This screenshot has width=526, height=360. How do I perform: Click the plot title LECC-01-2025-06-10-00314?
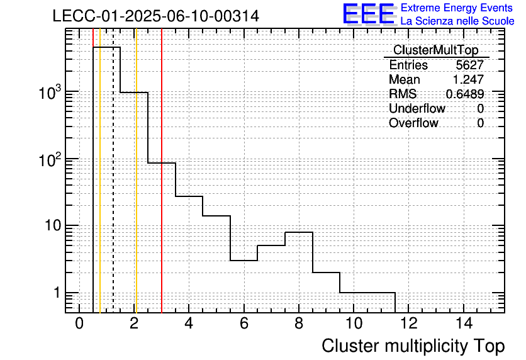[x=155, y=16]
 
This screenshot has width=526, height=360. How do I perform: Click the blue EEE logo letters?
[x=369, y=14]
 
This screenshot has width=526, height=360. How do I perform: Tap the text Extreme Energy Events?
[x=457, y=8]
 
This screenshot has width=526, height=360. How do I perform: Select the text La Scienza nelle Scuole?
[x=457, y=21]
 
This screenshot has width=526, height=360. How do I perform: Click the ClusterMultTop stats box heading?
[x=436, y=50]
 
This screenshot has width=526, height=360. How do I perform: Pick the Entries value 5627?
[x=469, y=65]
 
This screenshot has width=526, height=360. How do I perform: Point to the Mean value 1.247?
[x=468, y=79]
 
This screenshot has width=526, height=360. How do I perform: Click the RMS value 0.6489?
[x=465, y=94]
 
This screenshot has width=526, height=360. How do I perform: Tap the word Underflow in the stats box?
[x=417, y=108]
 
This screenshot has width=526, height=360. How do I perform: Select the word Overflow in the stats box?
[x=413, y=123]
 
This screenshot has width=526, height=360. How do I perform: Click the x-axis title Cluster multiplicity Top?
[x=413, y=346]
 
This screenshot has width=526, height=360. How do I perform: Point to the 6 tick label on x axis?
[x=244, y=323]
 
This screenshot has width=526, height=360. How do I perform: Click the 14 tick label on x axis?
[x=464, y=323]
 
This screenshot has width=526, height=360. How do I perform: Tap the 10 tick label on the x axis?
[x=354, y=323]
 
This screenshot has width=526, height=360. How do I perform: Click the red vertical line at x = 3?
[x=162, y=171]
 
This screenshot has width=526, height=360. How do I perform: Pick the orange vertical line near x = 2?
[x=136, y=171]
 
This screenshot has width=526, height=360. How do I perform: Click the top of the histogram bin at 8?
[x=299, y=232]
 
